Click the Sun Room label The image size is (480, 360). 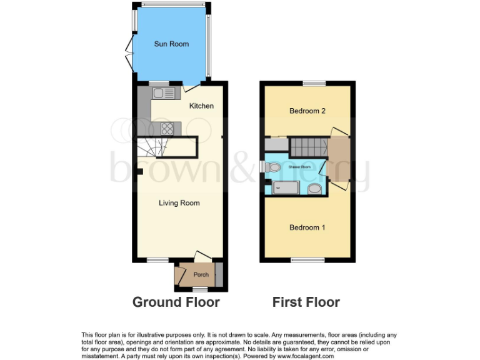click(x=171, y=44)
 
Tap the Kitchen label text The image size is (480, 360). click(x=201, y=106)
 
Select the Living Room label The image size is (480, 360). click(x=179, y=203)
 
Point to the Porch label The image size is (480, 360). click(x=201, y=275)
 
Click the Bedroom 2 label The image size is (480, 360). click(x=307, y=111)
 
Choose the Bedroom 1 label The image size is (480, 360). click(x=307, y=227)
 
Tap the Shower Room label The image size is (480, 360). click(x=299, y=167)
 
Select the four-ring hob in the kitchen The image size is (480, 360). click(x=167, y=128)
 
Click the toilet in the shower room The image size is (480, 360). click(x=271, y=167)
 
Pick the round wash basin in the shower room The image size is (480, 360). click(x=314, y=188)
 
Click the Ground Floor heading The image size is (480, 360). click(x=176, y=302)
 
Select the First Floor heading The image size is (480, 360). click(x=306, y=302)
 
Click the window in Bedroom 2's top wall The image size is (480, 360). click(x=314, y=83)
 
